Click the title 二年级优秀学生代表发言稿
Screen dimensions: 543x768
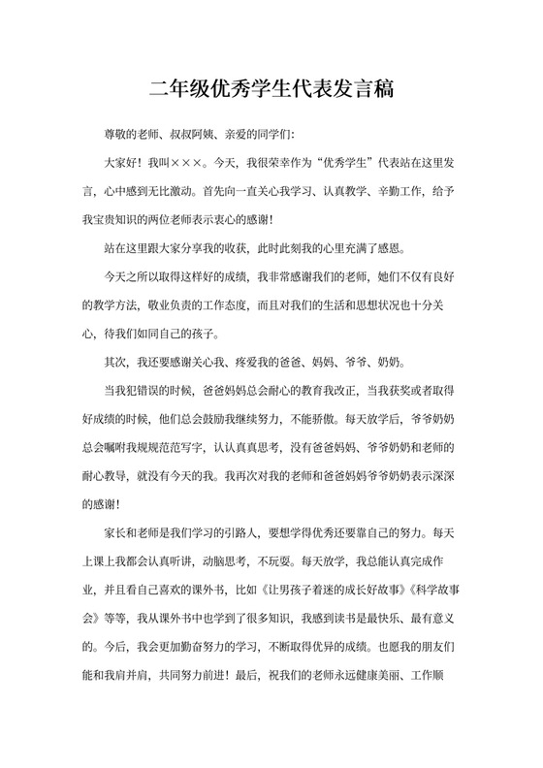click(x=271, y=90)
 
